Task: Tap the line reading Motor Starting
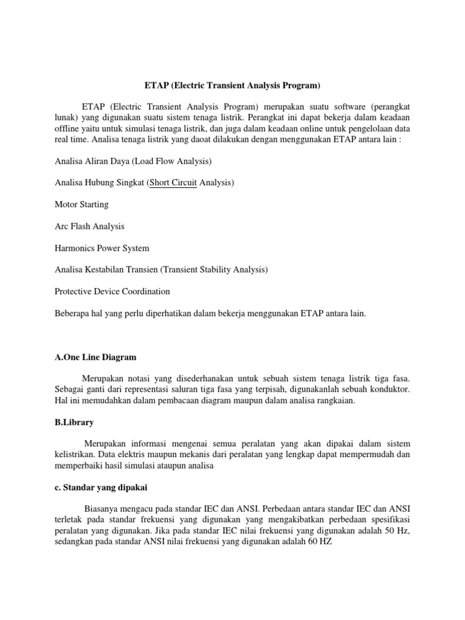point(82,204)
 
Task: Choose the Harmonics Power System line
point(102,248)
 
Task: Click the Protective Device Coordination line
point(112,291)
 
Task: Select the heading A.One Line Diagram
point(95,357)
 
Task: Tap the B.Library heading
point(74,422)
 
